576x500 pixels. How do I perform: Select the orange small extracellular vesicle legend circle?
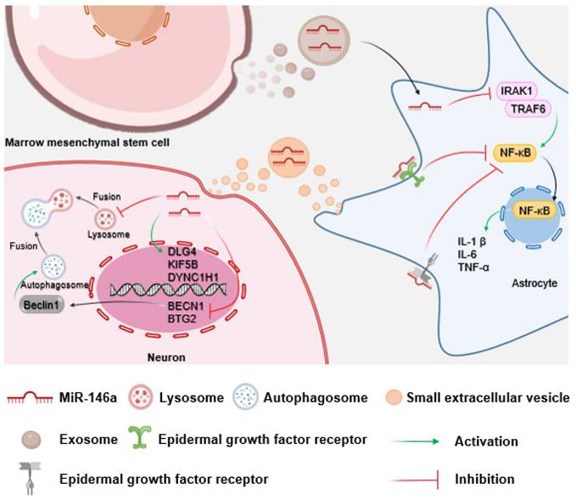coord(391,397)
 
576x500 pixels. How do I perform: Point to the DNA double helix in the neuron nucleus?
coord(165,289)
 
